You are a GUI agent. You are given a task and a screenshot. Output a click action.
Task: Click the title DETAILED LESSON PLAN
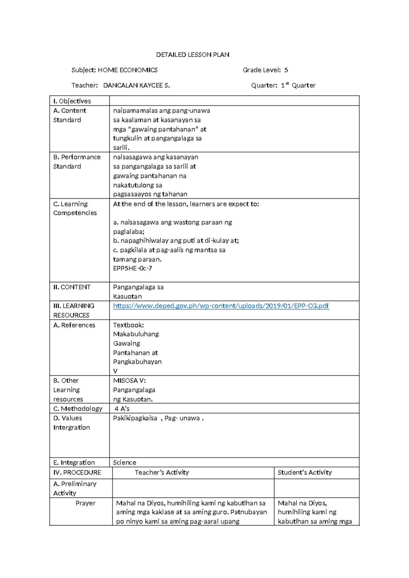193,55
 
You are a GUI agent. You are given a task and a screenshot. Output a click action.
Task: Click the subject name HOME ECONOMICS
127,70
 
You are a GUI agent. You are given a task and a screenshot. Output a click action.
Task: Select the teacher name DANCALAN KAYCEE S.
136,86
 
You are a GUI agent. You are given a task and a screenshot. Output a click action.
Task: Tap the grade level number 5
286,70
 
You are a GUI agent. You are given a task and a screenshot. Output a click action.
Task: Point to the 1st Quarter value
298,86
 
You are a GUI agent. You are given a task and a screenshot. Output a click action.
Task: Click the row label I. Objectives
72,101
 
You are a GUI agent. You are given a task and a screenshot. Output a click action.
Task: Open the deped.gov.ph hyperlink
221,306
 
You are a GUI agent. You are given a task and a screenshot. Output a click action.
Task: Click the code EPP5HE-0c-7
133,268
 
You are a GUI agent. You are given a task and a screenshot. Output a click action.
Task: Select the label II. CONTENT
72,287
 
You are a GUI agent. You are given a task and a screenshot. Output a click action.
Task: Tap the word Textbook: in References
128,325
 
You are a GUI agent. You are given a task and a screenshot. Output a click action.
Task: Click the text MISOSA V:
129,380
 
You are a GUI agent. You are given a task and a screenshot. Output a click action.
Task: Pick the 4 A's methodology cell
122,409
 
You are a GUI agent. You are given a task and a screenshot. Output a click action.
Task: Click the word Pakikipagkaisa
135,418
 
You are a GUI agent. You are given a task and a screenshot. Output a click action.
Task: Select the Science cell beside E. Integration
124,462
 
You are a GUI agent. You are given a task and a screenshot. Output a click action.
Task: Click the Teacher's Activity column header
162,472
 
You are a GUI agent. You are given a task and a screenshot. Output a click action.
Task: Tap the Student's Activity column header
304,472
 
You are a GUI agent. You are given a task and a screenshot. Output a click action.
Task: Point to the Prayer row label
85,503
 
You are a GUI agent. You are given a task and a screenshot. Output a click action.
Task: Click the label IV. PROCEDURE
77,472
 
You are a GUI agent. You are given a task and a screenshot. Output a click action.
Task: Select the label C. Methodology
78,409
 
